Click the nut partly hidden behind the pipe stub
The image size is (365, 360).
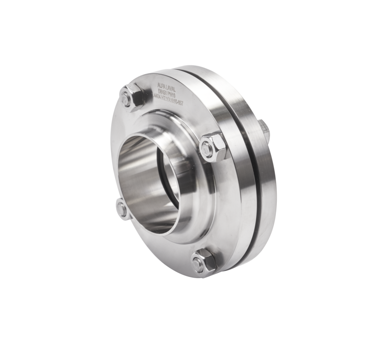tap(123, 209)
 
